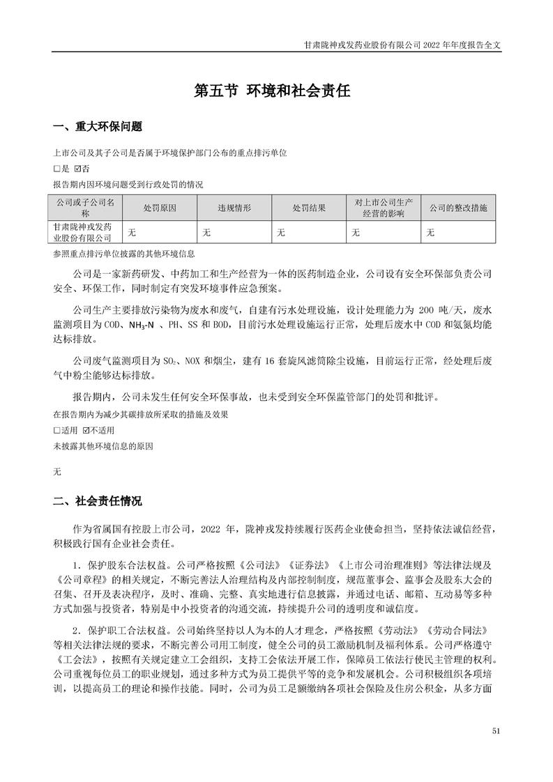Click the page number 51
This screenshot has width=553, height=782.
(496, 730)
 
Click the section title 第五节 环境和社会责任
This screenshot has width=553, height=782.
(271, 91)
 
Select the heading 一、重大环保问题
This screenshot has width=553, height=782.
(98, 127)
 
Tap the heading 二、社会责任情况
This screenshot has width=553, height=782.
(98, 500)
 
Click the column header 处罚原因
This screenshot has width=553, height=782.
(160, 208)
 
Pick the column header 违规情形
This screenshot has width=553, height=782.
(234, 208)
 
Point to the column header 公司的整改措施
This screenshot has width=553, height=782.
(458, 208)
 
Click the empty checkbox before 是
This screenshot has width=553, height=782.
(57, 169)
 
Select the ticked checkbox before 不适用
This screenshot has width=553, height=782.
(86, 431)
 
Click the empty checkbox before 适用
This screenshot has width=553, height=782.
(57, 431)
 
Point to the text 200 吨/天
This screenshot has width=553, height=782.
(447, 309)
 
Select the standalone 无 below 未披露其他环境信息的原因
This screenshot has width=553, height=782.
(57, 472)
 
